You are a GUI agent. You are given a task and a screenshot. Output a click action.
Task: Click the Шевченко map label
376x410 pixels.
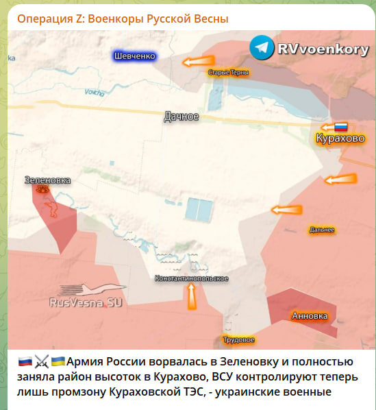pyautogui.click(x=135, y=56)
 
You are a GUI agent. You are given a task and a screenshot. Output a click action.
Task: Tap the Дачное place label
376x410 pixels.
pyautogui.click(x=181, y=117)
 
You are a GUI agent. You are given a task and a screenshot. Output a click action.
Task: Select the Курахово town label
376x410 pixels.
pyautogui.click(x=340, y=139)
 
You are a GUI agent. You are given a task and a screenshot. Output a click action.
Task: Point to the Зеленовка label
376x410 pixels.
pyautogui.click(x=47, y=180)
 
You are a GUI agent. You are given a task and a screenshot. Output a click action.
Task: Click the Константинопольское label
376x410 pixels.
pyautogui.click(x=191, y=278)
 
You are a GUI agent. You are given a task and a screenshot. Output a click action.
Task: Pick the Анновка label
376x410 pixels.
pyautogui.click(x=310, y=316)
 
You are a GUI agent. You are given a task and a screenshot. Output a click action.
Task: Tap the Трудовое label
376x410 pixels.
pyautogui.click(x=239, y=340)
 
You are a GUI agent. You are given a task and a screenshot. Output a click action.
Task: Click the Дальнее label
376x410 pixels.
pyautogui.click(x=322, y=230)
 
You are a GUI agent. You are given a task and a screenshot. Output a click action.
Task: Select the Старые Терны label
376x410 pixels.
pyautogui.click(x=229, y=72)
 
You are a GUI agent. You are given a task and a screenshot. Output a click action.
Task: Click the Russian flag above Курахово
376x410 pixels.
pyautogui.click(x=340, y=127)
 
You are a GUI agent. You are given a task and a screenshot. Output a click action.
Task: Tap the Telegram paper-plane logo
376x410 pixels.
pyautogui.click(x=262, y=47)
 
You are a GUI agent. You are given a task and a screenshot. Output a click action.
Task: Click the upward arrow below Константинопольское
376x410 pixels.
pyautogui.click(x=191, y=296)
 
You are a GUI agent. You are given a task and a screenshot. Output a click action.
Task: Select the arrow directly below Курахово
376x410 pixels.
pyautogui.click(x=340, y=180)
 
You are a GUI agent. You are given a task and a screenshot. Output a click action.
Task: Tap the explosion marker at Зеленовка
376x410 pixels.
pyautogui.click(x=43, y=189)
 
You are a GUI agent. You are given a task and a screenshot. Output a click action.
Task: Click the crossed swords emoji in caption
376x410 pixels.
pyautogui.click(x=42, y=361)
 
